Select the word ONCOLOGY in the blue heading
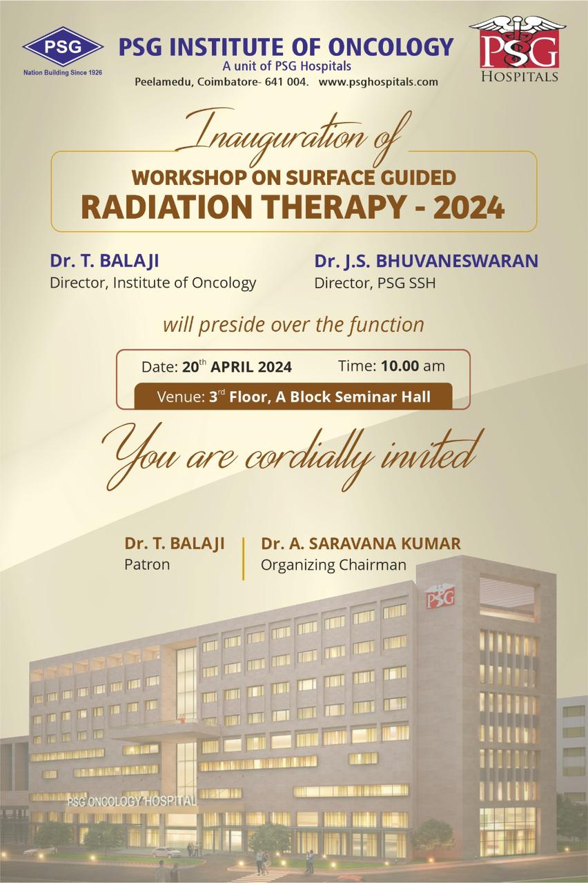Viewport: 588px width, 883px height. pyautogui.click(x=391, y=47)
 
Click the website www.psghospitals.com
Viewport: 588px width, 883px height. pyautogui.click(x=378, y=82)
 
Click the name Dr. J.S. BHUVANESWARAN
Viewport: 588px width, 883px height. pyautogui.click(x=427, y=261)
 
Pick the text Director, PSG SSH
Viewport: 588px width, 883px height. pyautogui.click(x=375, y=283)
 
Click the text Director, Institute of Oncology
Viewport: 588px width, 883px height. pyautogui.click(x=153, y=283)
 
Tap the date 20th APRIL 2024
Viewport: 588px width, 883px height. pyautogui.click(x=237, y=366)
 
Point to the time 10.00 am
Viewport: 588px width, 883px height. pyautogui.click(x=413, y=366)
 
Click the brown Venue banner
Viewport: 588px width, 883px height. pyautogui.click(x=293, y=396)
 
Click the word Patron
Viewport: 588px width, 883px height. pyautogui.click(x=147, y=564)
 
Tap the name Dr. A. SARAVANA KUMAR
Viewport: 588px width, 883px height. pyautogui.click(x=361, y=543)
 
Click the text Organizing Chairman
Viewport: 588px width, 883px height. pyautogui.click(x=333, y=565)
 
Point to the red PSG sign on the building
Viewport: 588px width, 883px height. pyautogui.click(x=440, y=598)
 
